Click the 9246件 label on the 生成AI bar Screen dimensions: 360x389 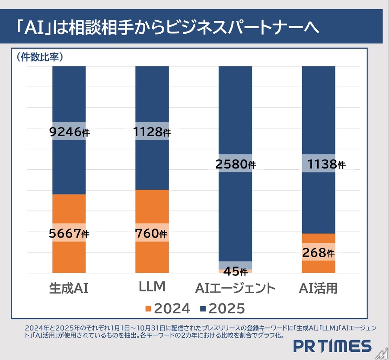[x=69, y=132]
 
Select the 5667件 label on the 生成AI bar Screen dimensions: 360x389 [x=69, y=233]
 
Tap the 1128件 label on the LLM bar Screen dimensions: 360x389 [x=152, y=132]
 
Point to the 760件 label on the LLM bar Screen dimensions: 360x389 [x=152, y=233]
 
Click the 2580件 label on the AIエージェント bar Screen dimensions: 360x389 [x=236, y=164]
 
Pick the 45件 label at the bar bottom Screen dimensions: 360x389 [x=236, y=271]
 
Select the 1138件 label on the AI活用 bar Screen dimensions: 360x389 [x=319, y=164]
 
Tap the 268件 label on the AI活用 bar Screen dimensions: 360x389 [x=319, y=253]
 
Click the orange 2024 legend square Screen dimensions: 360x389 [x=148, y=309]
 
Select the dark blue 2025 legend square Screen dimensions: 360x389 [x=203, y=309]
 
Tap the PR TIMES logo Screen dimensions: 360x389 [x=332, y=346]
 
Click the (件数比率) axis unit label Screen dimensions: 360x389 [x=40, y=57]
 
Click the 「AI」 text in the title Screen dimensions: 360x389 [x=34, y=28]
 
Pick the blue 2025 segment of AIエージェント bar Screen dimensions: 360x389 [x=236, y=108]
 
